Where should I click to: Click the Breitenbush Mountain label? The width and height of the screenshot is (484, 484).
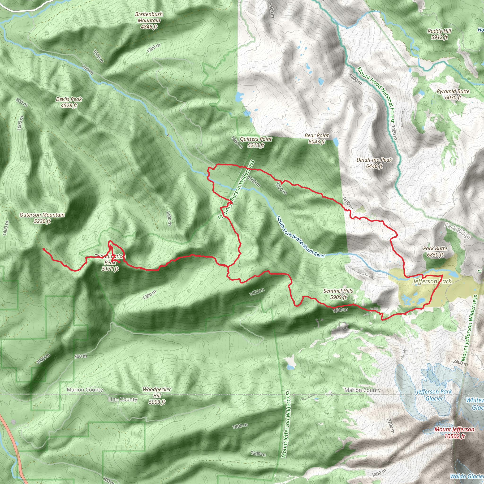coord(149,21)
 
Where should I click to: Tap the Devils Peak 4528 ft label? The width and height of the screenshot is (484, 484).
coord(69,102)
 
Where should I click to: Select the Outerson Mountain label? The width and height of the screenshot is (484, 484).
coord(42,218)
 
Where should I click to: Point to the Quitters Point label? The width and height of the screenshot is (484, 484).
coord(256,142)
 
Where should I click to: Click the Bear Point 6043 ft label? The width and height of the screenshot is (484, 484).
coord(317,138)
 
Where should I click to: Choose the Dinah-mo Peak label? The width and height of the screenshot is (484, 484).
coord(374,163)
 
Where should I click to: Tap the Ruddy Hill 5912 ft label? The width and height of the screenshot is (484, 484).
coord(439,34)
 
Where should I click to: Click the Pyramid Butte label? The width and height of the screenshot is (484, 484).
coord(453,94)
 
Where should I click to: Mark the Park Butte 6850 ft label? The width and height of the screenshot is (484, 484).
coord(435,251)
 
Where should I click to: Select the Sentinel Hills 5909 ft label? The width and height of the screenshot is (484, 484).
coord(338,294)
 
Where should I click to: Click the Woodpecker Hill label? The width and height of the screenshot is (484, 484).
coord(157,396)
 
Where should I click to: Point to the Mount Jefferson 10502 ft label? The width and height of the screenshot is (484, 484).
coord(454,433)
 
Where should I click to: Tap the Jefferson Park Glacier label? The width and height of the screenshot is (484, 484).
coord(434,395)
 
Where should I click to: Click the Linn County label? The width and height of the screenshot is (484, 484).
coord(122,399)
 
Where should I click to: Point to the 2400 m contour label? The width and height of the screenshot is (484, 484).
coord(460,363)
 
